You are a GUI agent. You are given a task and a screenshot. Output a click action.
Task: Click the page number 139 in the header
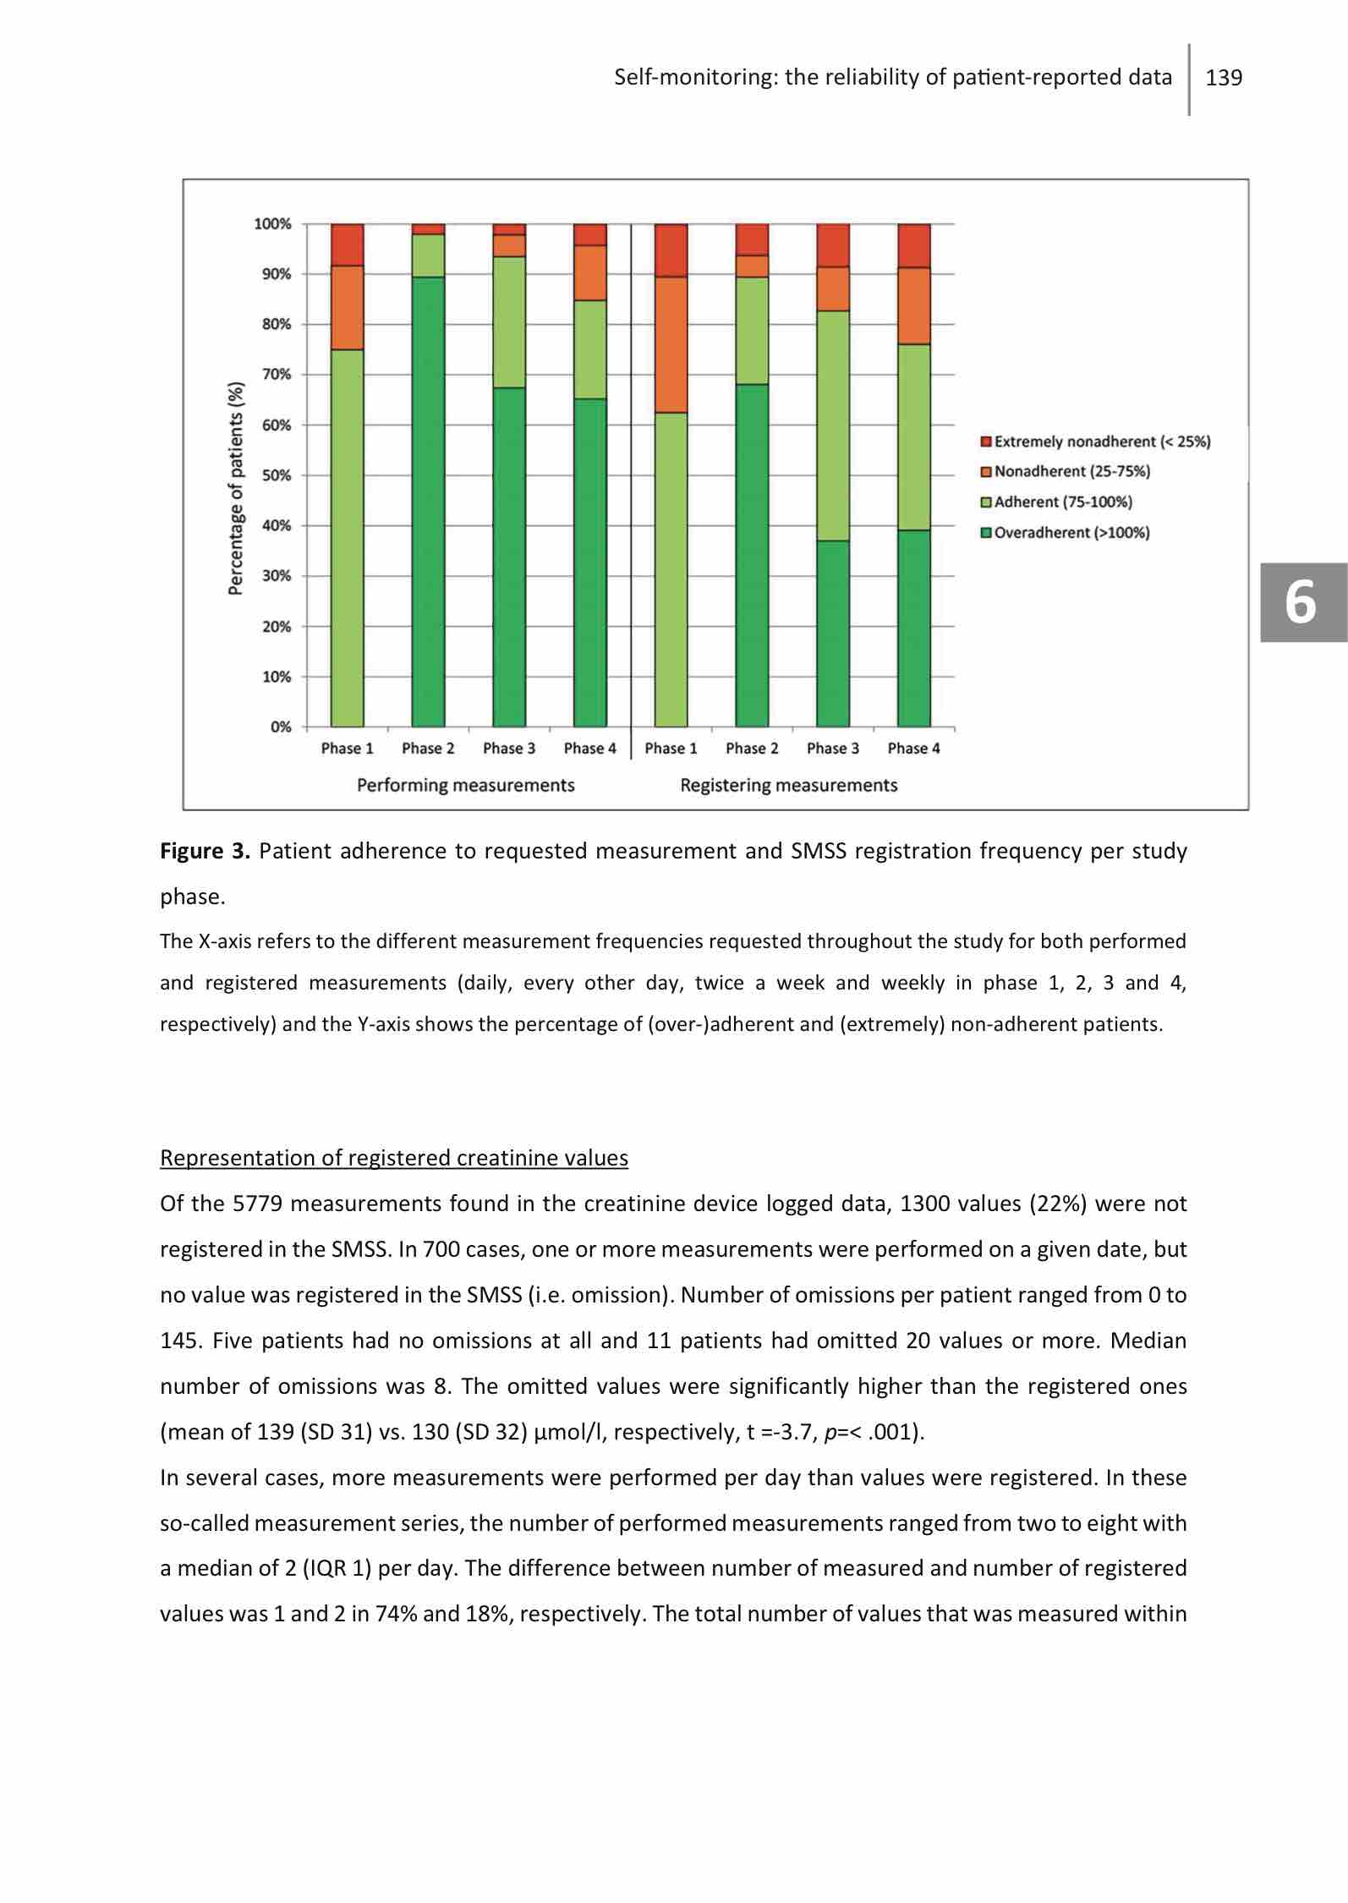coord(1224,79)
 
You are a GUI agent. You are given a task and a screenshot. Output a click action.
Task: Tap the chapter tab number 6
coord(1301,603)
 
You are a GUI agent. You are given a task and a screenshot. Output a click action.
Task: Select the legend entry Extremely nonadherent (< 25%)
coord(1101,441)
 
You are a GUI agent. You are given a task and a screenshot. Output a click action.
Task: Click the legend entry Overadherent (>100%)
coord(1071,533)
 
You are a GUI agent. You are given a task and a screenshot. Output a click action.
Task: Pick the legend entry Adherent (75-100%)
coord(1062,502)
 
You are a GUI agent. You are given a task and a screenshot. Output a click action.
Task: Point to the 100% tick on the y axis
coord(272,224)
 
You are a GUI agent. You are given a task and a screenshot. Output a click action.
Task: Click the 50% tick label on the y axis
coord(276,475)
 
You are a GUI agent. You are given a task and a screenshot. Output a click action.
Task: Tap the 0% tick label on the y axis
coord(280,727)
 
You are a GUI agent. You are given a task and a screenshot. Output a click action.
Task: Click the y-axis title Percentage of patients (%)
coord(237,489)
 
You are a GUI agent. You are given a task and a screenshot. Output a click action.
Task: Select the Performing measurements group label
coord(465,786)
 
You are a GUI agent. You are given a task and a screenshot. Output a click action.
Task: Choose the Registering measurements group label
coord(788,786)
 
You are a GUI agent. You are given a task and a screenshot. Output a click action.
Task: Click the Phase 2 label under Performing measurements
coord(428,749)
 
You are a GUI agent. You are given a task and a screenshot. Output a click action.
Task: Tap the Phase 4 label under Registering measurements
coord(913,749)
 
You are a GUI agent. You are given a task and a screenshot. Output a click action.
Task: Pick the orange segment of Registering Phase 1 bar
coord(671,344)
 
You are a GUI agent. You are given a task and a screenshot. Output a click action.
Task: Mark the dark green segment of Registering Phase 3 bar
coord(833,633)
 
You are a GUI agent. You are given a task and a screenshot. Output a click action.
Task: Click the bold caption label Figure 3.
coord(205,851)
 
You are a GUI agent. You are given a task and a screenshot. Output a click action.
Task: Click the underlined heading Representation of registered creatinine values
coord(394,1158)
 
